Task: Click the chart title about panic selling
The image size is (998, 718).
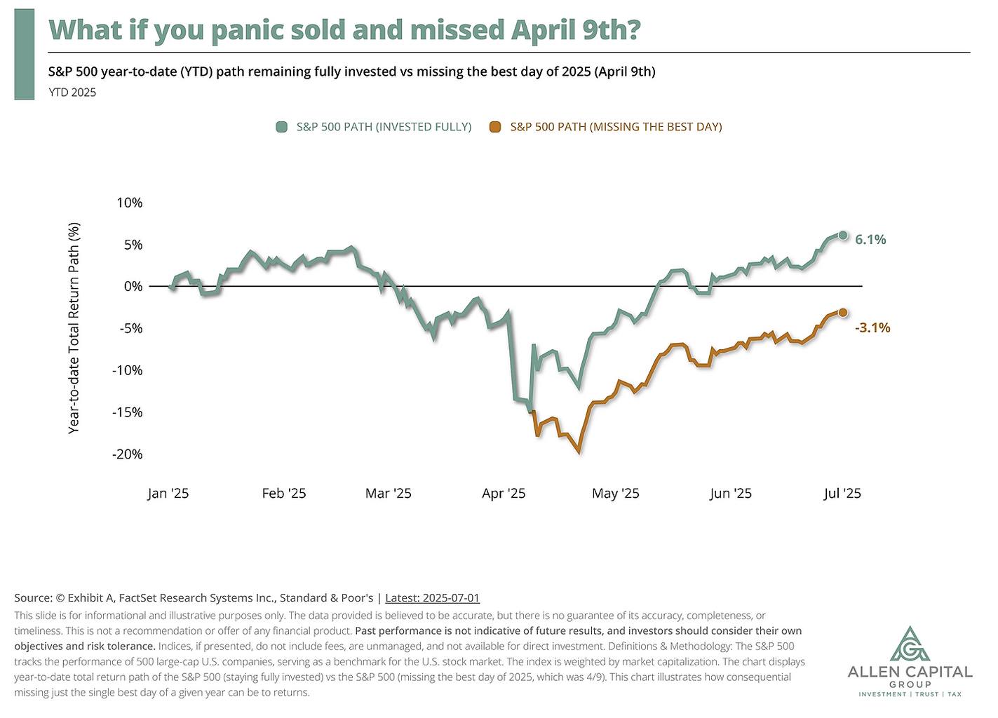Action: tap(344, 29)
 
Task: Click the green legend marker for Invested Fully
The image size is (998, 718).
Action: tap(282, 127)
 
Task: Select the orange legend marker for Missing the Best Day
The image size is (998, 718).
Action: tap(496, 127)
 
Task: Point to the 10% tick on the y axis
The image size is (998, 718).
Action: tap(129, 203)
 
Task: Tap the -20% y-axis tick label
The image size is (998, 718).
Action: tap(127, 454)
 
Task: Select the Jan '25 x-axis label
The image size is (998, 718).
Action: tap(168, 493)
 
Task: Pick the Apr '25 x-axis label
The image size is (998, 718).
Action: tap(504, 493)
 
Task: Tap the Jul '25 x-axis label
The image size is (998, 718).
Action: tap(842, 493)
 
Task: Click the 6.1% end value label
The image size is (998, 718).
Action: tap(870, 240)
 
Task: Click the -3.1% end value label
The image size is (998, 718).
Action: tap(872, 327)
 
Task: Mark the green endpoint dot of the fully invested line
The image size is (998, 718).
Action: tap(843, 236)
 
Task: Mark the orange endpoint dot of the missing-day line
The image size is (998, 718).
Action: tap(843, 313)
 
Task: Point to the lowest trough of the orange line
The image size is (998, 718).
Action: tap(579, 452)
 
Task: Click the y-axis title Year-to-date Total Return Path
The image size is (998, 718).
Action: tap(74, 327)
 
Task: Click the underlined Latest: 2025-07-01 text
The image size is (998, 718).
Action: tap(432, 598)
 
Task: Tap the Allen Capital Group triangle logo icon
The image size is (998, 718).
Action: tap(910, 644)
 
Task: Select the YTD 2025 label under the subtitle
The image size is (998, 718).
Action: tap(72, 92)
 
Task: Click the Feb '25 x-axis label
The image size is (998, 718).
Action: tap(284, 493)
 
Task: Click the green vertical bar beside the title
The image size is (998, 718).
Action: tap(24, 54)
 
